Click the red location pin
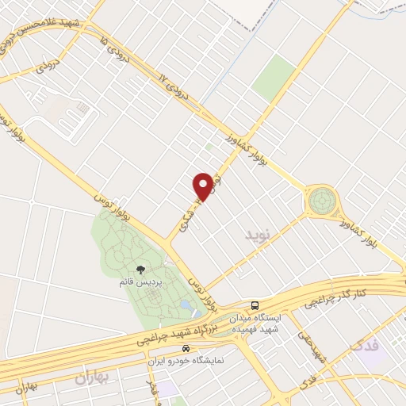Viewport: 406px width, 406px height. click(203, 186)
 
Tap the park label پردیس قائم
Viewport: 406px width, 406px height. click(141, 282)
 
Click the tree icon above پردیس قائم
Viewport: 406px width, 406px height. click(141, 270)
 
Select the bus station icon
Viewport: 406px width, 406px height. click(255, 304)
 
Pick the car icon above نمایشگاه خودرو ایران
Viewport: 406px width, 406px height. click(186, 349)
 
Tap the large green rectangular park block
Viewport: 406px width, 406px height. click(274, 77)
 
